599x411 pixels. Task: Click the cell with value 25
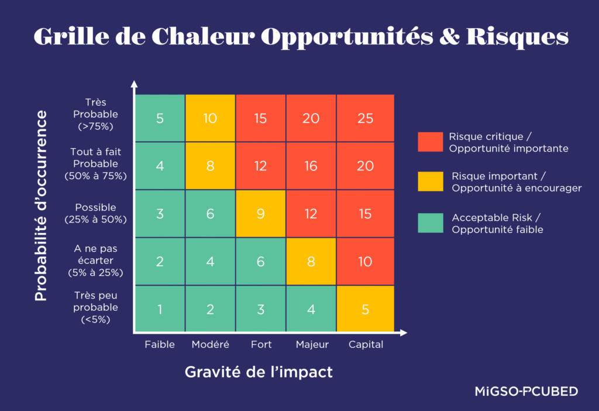[x=365, y=118]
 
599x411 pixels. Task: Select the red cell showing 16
[x=311, y=166]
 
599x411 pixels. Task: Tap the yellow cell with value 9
[x=260, y=214]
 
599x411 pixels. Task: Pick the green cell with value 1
[x=160, y=309]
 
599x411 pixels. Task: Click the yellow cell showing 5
[x=365, y=309]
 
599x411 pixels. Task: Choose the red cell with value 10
[x=365, y=262]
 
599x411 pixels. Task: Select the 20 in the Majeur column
[x=311, y=118]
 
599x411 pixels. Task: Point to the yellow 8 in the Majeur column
[x=311, y=262]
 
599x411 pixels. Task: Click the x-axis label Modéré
[x=210, y=345]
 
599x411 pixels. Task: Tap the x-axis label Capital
[x=366, y=345]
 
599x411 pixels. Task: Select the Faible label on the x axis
[x=160, y=345]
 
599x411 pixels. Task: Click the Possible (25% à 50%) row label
[x=95, y=213]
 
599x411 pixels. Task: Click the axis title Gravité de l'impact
[x=259, y=372]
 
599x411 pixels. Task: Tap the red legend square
[x=430, y=142]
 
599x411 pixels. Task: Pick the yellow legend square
[x=430, y=181]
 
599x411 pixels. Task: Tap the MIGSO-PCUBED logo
[x=526, y=391]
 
